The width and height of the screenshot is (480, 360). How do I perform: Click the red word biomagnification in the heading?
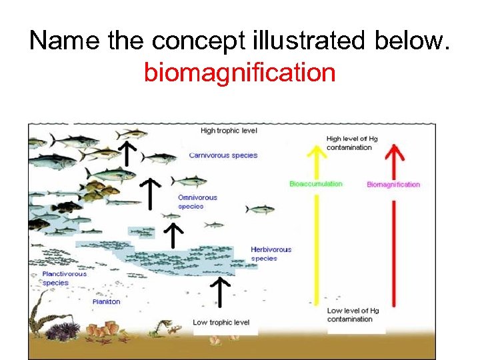[x=239, y=72]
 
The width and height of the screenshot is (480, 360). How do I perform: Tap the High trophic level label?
[x=229, y=131]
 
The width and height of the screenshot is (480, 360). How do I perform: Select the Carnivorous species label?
[x=223, y=155]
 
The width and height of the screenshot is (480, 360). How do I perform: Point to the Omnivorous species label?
[x=197, y=202]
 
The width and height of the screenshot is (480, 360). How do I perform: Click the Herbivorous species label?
[x=271, y=254]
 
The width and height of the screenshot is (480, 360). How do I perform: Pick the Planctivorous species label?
[x=64, y=278]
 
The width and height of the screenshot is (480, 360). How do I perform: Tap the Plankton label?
[x=107, y=302]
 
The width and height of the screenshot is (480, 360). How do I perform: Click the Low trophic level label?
[x=221, y=323]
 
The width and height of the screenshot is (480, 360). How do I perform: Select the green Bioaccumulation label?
[x=315, y=184]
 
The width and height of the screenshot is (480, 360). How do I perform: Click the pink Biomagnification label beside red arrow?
[x=393, y=185]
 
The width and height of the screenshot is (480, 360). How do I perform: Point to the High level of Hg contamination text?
[x=351, y=143]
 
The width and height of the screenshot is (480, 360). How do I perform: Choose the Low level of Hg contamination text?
[x=353, y=315]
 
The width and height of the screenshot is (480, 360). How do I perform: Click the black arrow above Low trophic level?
[x=220, y=291]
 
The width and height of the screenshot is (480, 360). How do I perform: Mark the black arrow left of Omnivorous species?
[x=153, y=193]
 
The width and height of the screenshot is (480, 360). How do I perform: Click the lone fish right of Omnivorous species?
[x=260, y=209]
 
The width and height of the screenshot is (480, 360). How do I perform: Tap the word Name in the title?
[x=64, y=41]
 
